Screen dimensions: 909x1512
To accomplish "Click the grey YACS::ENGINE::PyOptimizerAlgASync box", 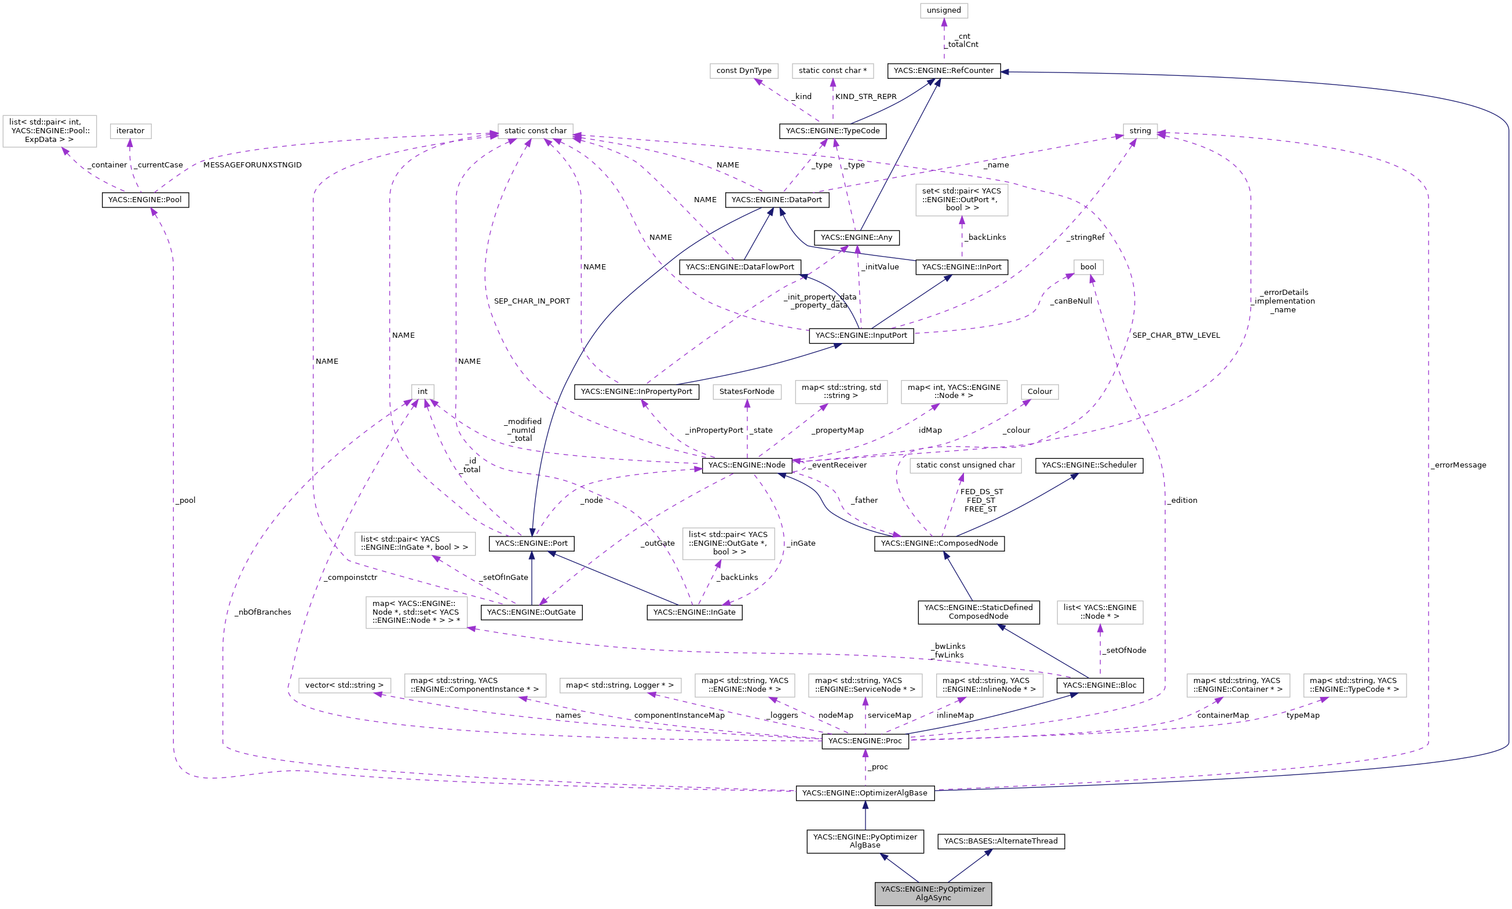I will point(933,893).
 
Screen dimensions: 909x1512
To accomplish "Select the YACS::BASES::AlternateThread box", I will point(1000,841).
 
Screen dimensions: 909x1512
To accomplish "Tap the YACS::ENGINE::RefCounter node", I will point(943,71).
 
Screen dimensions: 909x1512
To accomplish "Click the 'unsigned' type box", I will point(943,10).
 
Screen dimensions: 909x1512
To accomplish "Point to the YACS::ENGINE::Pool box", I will point(145,200).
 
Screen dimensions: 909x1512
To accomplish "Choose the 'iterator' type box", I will point(130,131).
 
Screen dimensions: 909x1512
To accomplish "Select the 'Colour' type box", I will point(1039,392).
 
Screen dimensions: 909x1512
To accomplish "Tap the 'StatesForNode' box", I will point(747,392).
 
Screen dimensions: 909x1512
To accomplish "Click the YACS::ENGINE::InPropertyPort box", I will point(636,392).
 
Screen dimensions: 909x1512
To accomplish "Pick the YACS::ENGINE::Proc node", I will point(865,740).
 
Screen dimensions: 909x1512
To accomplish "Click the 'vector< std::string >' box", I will point(344,685).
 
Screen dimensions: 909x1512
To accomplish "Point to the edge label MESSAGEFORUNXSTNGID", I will point(253,165).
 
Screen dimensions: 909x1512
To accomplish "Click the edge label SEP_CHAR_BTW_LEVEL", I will point(1176,335).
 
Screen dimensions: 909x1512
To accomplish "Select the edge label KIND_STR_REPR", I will point(865,97).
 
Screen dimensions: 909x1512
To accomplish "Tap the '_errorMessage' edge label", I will point(1458,465).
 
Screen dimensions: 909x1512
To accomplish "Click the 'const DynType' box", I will point(743,71).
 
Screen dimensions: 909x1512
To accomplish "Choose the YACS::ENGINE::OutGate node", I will point(531,612).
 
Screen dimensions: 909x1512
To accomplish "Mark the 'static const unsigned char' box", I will point(965,465).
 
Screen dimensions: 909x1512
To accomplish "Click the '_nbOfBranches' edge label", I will point(262,612).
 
